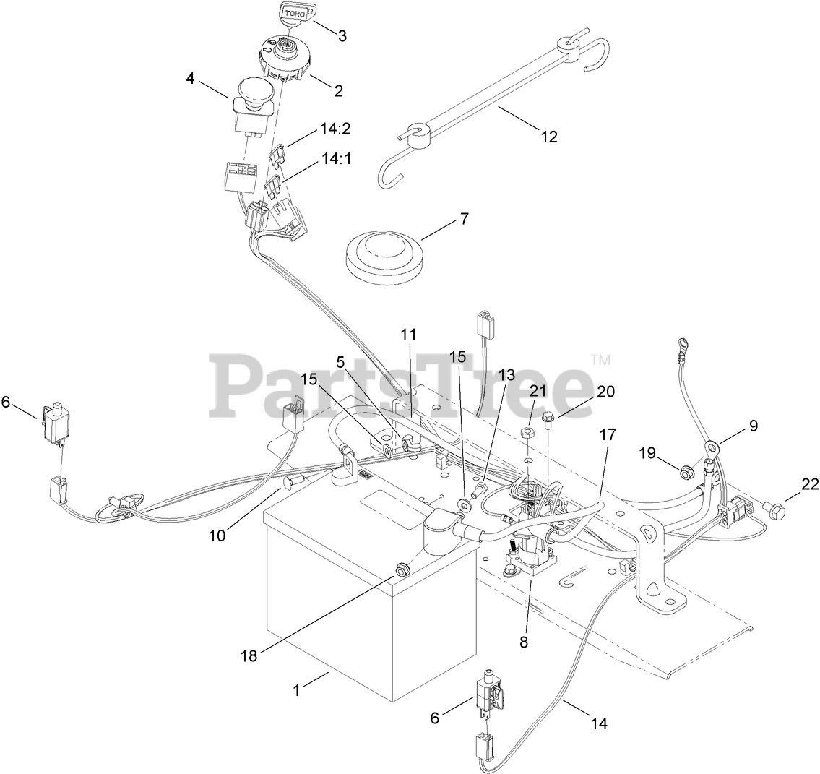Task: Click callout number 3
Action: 342,35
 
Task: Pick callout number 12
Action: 550,136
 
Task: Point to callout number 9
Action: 754,426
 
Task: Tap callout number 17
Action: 608,435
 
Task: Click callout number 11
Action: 409,335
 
